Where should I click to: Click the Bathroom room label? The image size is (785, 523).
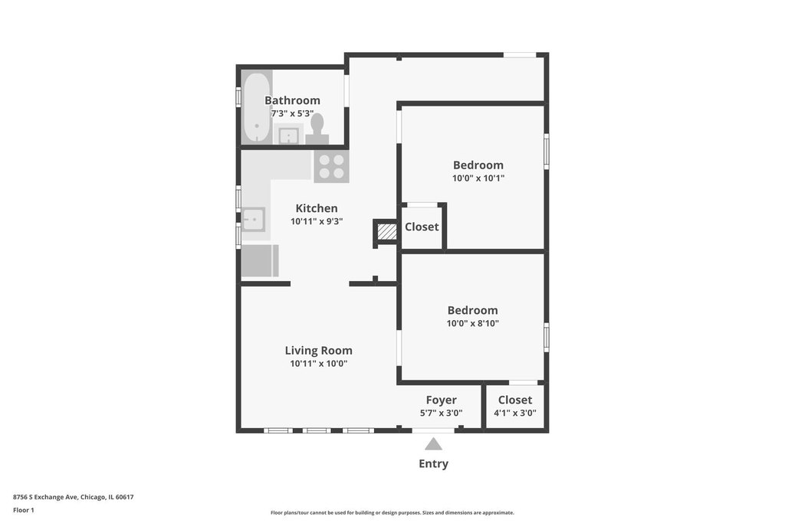click(292, 100)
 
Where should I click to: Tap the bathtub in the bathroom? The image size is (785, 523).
click(258, 107)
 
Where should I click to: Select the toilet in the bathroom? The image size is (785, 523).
click(317, 129)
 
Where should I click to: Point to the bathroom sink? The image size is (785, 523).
click(289, 135)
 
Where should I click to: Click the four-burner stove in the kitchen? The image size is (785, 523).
click(331, 167)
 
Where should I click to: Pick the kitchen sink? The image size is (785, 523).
click(253, 220)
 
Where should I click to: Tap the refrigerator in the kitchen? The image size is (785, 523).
click(260, 260)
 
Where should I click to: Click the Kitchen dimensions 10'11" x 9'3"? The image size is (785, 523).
click(317, 221)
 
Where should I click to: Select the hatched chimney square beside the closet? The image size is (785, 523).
click(386, 231)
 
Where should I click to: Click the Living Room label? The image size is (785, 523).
click(318, 351)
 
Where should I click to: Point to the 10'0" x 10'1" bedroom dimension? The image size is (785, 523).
click(478, 178)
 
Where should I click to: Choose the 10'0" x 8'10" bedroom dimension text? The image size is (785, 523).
click(472, 323)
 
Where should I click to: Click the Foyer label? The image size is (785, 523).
click(441, 400)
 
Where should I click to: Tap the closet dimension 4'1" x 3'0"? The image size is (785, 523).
click(514, 413)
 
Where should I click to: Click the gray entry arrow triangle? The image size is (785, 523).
click(434, 444)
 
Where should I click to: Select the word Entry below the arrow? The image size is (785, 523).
click(434, 463)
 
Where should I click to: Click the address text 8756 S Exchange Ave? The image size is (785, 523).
click(45, 497)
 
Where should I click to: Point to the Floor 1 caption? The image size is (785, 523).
click(24, 510)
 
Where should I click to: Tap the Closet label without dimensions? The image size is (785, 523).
click(422, 227)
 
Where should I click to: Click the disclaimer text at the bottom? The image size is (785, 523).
click(392, 512)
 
